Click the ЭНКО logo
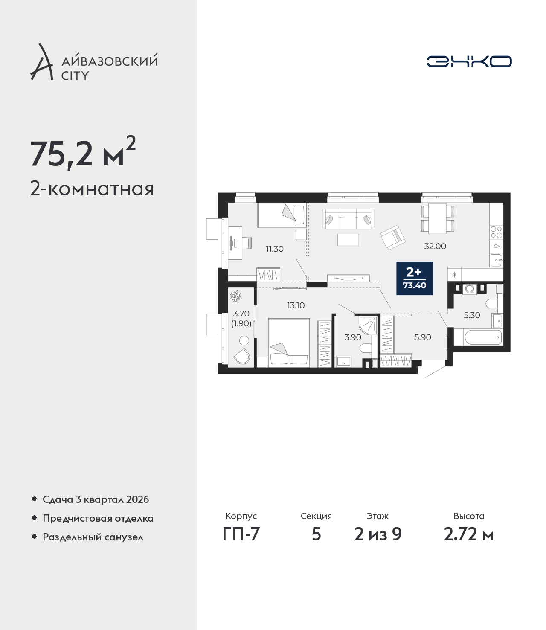tap(469, 61)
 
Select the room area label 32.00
tap(435, 246)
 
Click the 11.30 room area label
tap(275, 249)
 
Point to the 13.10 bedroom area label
tap(296, 305)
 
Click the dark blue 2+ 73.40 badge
tap(414, 278)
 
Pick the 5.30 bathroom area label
tap(472, 315)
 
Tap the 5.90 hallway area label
tap(423, 337)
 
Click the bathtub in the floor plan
tap(483, 337)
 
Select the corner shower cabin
tap(368, 325)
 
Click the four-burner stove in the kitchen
tap(497, 232)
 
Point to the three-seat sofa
tap(348, 218)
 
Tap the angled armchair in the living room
tap(393, 237)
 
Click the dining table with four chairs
tap(438, 218)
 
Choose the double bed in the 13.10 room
tap(289, 342)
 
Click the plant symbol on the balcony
tap(235, 296)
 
